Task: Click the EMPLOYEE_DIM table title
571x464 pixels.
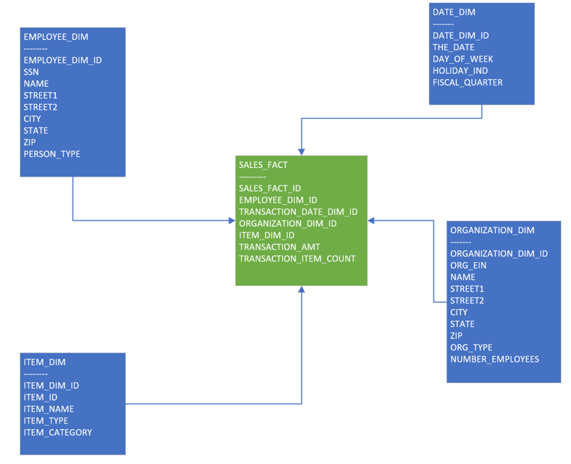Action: coord(56,37)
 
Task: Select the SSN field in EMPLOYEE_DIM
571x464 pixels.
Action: coord(31,72)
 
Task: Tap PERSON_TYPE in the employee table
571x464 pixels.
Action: coord(51,153)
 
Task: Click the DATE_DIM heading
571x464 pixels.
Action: coord(454,12)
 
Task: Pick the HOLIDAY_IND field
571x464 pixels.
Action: coord(460,70)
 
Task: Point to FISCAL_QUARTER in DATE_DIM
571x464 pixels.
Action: coord(467,82)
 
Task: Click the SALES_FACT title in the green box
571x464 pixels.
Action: coord(263,165)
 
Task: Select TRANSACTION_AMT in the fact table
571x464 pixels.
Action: coord(279,247)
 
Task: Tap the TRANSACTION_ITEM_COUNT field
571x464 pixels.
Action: coord(297,258)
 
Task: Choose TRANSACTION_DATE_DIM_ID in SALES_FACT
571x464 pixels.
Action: coord(298,211)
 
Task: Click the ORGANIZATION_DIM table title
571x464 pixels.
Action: coord(492,230)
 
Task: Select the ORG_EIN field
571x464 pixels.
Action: coord(468,265)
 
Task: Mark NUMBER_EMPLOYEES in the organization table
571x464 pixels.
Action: coord(494,359)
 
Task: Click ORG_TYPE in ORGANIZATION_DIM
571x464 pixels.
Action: coord(470,347)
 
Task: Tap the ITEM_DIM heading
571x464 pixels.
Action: coord(44,362)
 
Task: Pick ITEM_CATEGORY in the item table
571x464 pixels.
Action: coord(57,432)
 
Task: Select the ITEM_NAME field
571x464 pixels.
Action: coord(48,409)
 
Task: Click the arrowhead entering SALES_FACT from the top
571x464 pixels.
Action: coord(302,151)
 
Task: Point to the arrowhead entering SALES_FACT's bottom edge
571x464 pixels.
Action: coord(302,290)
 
